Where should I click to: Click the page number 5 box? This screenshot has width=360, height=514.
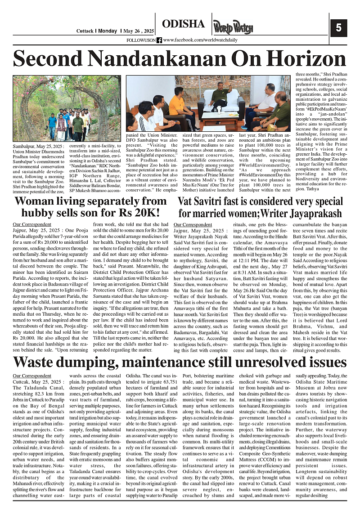click(x=338, y=27)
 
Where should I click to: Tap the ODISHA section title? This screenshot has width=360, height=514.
click(x=183, y=24)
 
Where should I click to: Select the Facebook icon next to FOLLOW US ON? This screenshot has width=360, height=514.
click(x=159, y=40)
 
